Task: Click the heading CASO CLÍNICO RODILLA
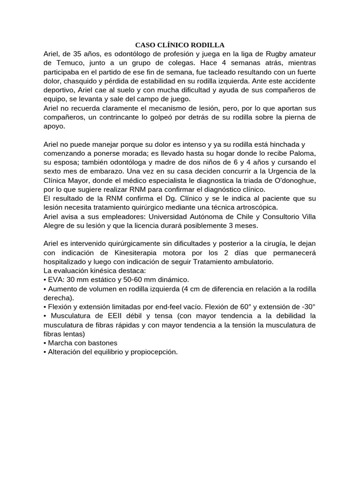point(180,45)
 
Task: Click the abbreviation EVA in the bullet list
point(56,279)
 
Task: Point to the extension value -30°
point(307,306)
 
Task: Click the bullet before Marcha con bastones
point(45,342)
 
